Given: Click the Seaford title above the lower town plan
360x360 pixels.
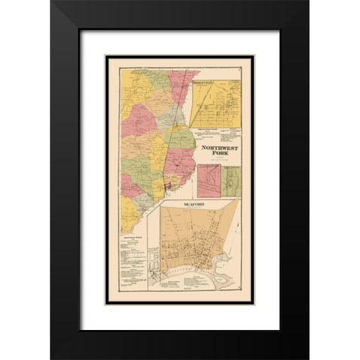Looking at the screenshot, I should pos(193,204).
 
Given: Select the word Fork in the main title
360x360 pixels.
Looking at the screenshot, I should pos(217,156).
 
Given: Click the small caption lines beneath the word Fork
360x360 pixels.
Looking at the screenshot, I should pos(217,163).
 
